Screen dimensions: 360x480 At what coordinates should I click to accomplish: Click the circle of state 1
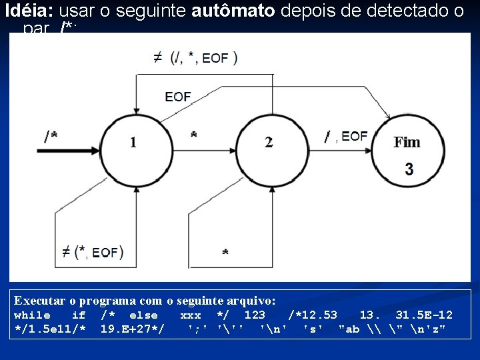point(134,142)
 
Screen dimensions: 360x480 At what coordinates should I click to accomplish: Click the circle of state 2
point(268,142)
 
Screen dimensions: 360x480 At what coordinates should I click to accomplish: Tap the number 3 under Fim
point(408,169)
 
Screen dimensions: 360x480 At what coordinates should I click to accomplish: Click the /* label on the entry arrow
point(50,136)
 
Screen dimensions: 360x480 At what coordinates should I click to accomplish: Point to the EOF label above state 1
point(177,97)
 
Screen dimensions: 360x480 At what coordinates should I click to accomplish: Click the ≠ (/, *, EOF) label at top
point(195,57)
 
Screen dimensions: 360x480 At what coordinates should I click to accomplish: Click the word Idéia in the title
point(29,11)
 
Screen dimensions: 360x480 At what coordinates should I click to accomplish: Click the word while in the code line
point(32,315)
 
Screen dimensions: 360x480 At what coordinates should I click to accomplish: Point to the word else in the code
point(143,315)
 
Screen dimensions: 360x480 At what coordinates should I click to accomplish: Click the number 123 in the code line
point(255,315)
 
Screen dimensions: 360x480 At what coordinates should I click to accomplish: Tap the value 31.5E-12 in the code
point(424,315)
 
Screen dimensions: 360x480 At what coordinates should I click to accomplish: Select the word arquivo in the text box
point(249,301)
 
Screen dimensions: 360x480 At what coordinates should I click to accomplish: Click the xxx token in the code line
point(191,315)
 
